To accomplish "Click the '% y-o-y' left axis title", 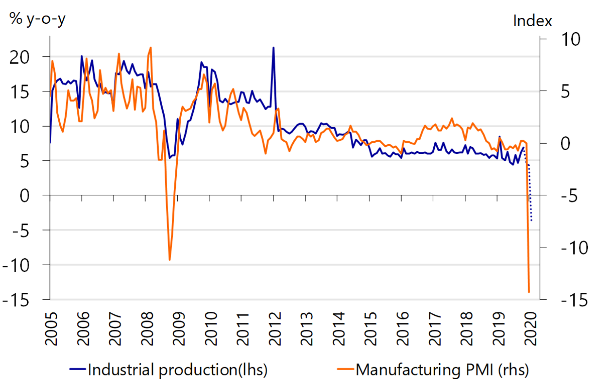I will coord(38,20).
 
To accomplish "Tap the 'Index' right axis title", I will coord(532,21).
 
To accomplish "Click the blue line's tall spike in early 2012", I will coord(273,48).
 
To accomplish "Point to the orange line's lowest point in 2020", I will coord(529,292).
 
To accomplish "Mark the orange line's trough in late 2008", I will coord(170,260).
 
